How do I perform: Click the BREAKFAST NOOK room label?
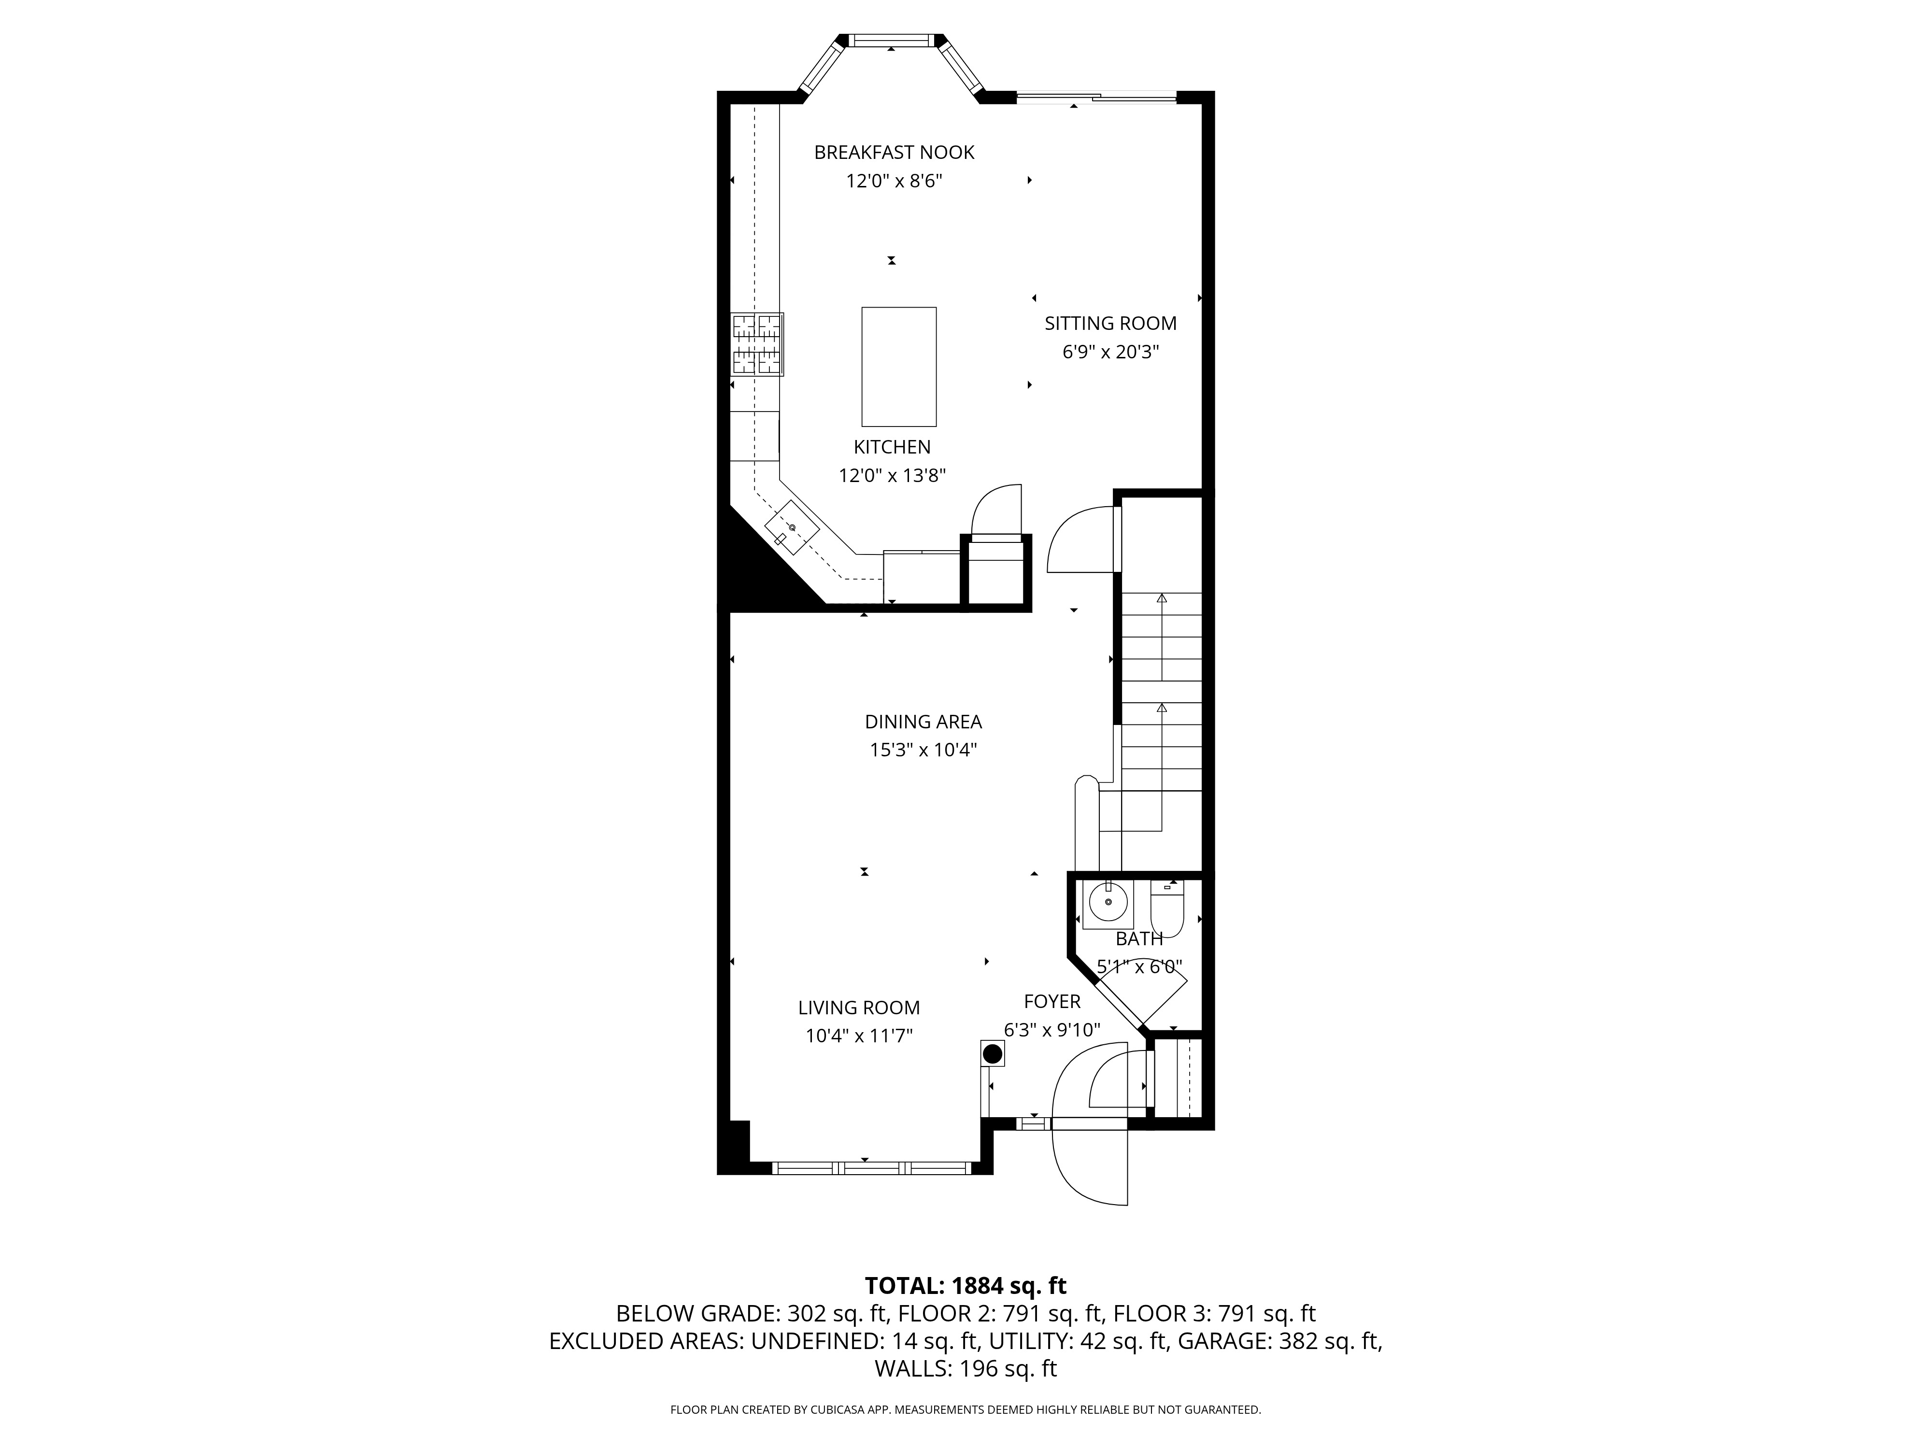[894, 152]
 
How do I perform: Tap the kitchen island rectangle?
[899, 366]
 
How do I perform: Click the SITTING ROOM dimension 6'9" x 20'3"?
[1110, 352]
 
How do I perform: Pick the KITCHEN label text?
[892, 446]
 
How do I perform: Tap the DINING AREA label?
[923, 722]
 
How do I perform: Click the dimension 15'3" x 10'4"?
[923, 750]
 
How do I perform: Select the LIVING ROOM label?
[859, 1007]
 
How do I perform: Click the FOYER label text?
[1051, 1001]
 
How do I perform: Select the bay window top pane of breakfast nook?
[891, 40]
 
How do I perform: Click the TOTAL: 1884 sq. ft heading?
[965, 1286]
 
